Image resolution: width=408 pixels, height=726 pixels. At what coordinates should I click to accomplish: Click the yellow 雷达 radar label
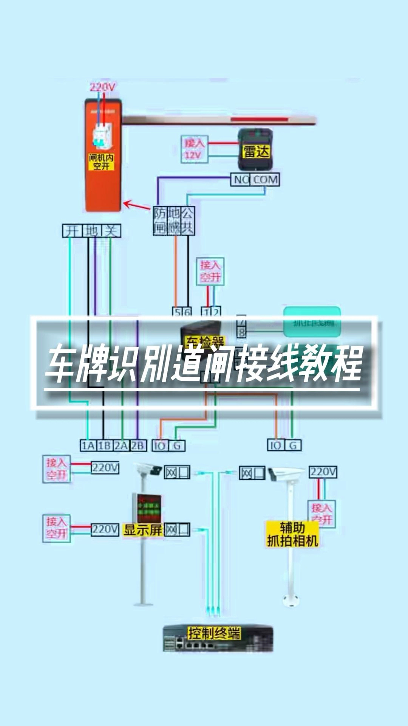tap(256, 152)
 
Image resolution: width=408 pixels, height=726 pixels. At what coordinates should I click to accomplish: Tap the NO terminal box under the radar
tap(241, 180)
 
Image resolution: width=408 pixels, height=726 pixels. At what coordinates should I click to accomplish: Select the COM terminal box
tap(266, 180)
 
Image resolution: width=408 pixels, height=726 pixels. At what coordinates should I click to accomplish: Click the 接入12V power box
tap(195, 149)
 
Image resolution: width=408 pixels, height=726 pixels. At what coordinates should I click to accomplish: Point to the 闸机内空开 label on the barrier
tap(101, 161)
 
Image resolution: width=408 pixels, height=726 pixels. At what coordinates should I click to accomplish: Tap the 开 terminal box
tap(72, 231)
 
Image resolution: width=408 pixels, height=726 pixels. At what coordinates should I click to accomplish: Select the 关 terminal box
tap(111, 231)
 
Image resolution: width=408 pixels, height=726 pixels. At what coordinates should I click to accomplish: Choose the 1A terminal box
tap(88, 445)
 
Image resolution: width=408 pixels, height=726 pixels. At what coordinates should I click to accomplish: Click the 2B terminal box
tap(138, 445)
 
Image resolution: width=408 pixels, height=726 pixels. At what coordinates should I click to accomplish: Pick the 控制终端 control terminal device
tap(218, 638)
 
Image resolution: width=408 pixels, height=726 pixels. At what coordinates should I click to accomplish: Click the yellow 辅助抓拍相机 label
tap(292, 534)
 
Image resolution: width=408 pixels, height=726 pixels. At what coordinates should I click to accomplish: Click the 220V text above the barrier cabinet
tap(102, 87)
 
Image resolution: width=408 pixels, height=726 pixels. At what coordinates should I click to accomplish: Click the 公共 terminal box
tap(188, 220)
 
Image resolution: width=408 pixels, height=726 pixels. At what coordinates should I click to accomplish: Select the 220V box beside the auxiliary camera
tap(323, 472)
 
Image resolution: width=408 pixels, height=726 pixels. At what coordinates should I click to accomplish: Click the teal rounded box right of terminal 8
tap(312, 322)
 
